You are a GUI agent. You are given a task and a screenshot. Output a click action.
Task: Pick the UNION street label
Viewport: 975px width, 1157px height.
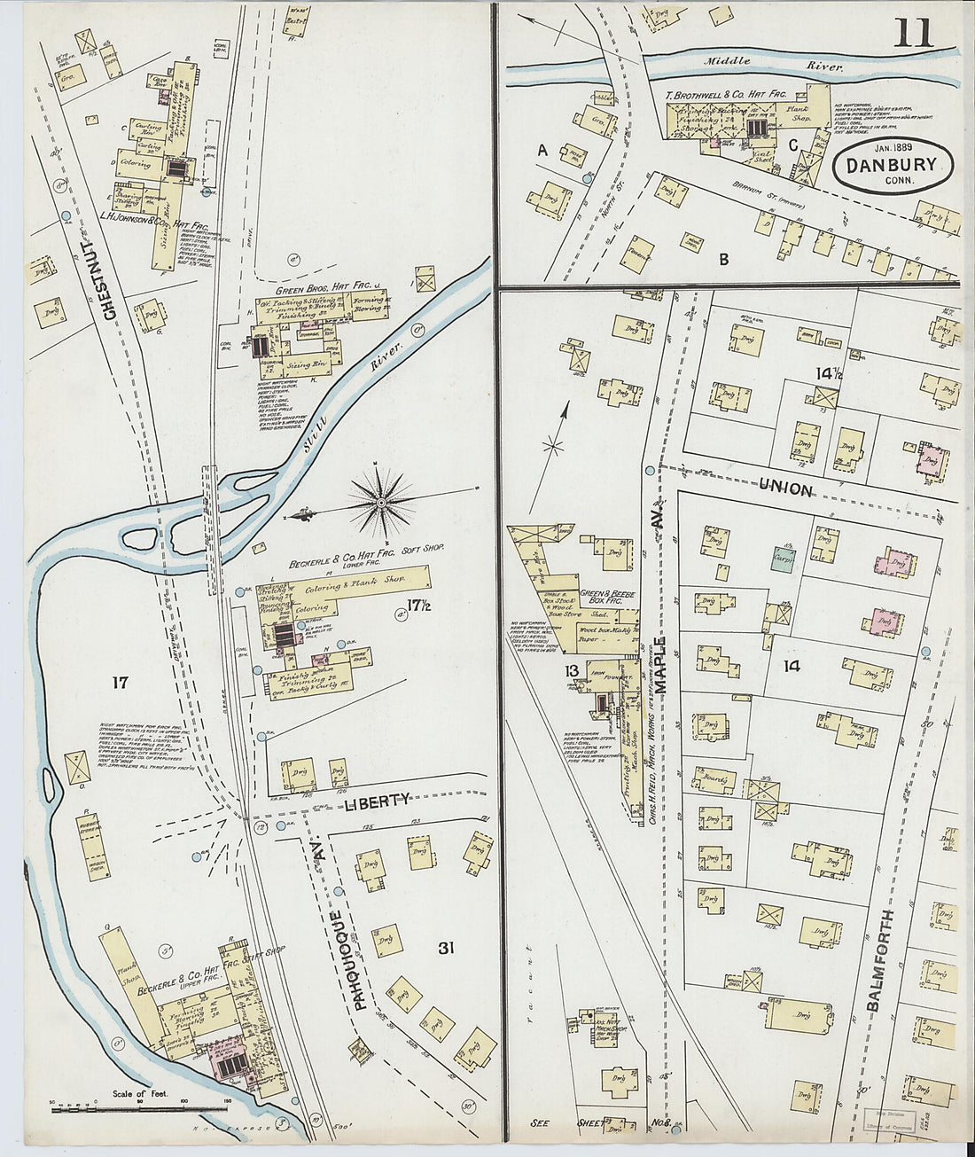click(x=785, y=489)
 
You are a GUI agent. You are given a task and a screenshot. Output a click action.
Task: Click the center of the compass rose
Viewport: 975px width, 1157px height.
click(x=381, y=503)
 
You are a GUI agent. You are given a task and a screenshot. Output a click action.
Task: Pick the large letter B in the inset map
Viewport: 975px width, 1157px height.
click(x=723, y=259)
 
